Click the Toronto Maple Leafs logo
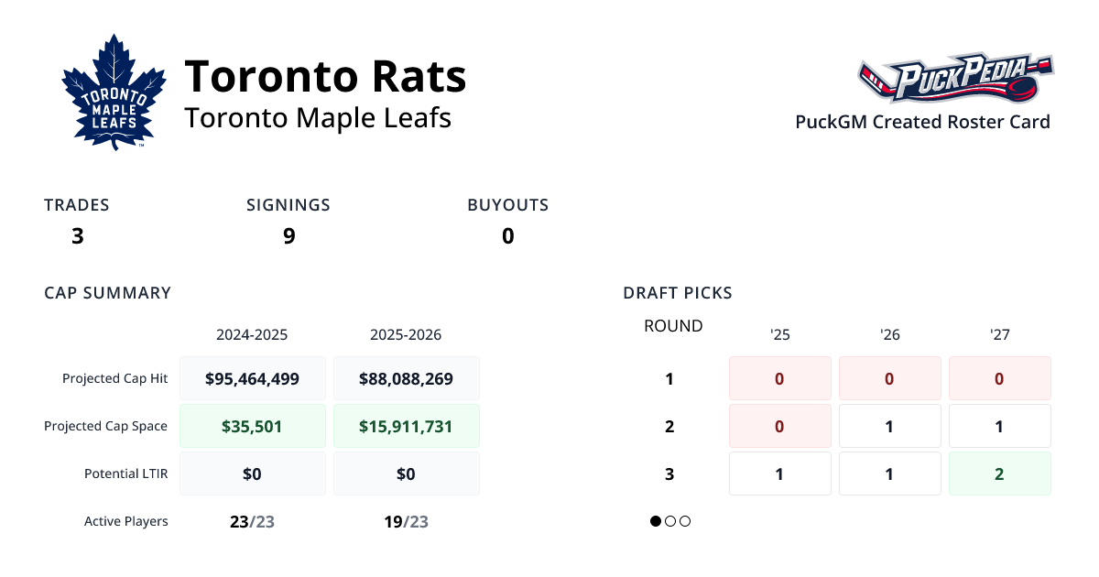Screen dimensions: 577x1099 point(114,92)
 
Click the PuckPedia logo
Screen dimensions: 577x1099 point(955,79)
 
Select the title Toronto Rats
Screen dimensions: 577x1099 point(325,76)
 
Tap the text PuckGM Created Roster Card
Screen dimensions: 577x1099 point(922,122)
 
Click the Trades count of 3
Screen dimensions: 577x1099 point(78,236)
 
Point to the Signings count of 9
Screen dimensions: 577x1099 point(288,236)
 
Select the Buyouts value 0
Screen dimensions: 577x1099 point(507,236)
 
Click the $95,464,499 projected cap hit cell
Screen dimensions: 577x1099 point(253,378)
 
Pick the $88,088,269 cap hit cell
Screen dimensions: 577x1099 point(406,378)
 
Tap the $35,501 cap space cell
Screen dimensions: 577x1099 point(253,426)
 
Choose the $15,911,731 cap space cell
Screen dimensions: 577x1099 point(406,426)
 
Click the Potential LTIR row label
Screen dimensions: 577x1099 point(125,474)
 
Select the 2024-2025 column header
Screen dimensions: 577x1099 point(252,334)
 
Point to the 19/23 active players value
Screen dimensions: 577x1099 point(406,522)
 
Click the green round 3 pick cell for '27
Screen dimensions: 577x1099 point(999,474)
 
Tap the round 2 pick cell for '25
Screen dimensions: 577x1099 point(779,426)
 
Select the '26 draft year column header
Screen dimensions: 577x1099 point(889,334)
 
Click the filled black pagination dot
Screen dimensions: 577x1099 point(656,521)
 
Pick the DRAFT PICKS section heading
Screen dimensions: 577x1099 point(678,293)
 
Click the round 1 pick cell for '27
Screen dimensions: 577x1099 point(999,378)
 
